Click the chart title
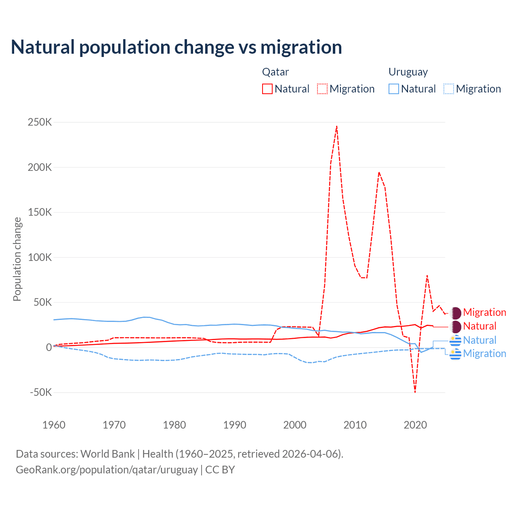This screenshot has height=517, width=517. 176,47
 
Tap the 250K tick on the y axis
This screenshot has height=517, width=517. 40,122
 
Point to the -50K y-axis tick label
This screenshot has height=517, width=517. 40,392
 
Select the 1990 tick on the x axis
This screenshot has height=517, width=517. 235,425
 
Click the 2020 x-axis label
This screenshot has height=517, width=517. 415,425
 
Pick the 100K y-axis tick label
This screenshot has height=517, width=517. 40,257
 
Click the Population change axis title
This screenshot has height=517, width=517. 17,259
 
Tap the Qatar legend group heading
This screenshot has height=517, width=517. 275,72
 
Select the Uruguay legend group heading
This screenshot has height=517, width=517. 408,72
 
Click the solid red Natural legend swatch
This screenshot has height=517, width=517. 267,89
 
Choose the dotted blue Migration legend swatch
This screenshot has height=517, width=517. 449,89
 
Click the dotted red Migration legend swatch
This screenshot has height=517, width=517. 322,89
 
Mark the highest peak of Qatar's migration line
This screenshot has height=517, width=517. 336,126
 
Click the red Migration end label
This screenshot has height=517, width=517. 484,312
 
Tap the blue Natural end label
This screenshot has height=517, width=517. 479,340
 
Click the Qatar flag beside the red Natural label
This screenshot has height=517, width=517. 456,326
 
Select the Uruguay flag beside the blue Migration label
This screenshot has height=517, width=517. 456,354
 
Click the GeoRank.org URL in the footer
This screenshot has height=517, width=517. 107,470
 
